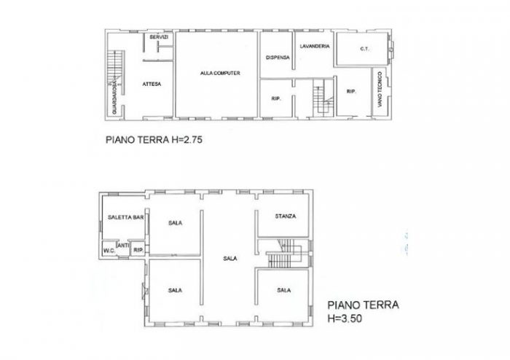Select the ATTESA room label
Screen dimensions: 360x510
pos(152,84)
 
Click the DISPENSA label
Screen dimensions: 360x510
pos(277,58)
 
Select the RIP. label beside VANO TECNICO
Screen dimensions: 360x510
pos(351,92)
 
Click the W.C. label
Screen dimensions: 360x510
pos(109,252)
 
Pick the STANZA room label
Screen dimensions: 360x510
pos(284,217)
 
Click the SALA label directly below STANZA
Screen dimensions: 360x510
pos(284,290)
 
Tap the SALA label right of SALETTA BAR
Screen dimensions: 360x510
pos(175,222)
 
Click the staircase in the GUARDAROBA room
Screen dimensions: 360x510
pos(112,69)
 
